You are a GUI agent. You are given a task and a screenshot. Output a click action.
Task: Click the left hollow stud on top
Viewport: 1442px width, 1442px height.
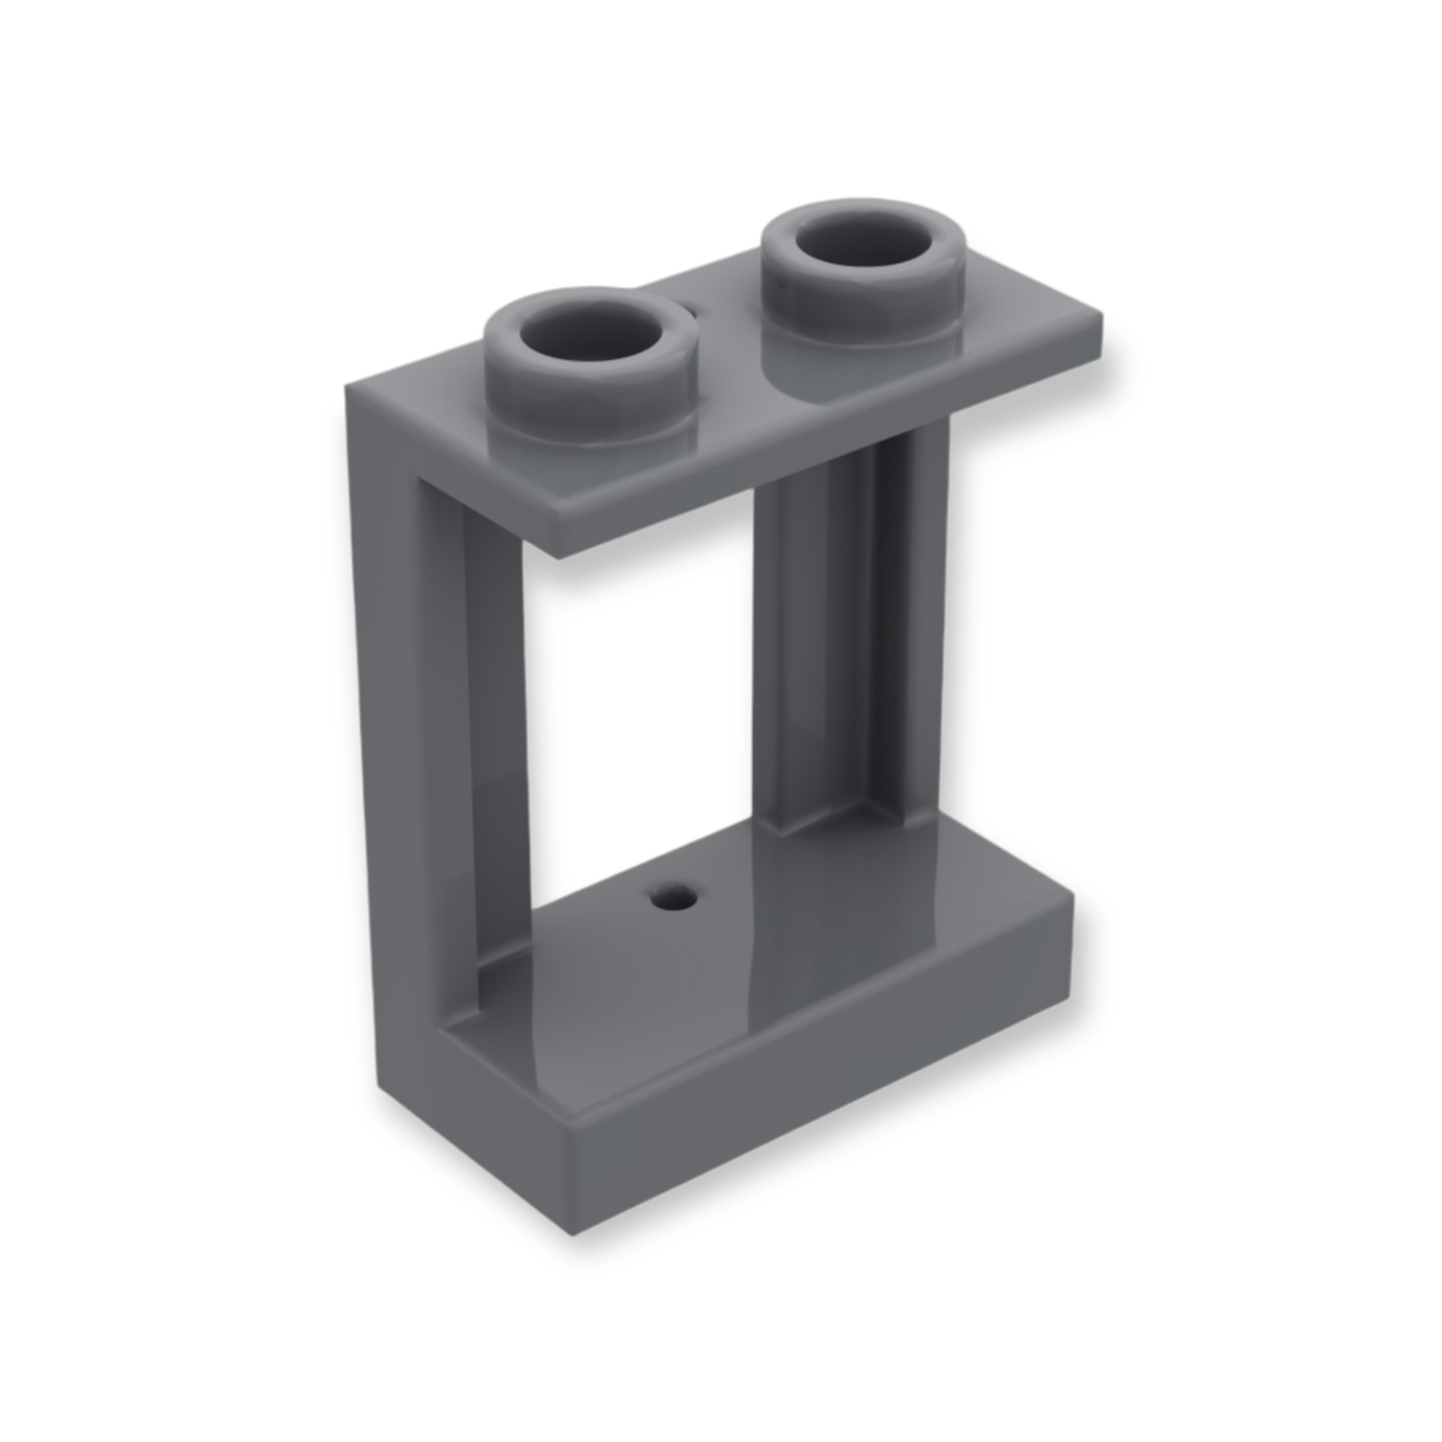pos(589,359)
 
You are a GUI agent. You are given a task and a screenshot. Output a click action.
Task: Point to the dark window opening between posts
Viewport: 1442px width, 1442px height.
pos(639,699)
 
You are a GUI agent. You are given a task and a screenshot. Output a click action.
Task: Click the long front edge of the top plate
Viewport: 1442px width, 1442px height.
pos(828,439)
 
